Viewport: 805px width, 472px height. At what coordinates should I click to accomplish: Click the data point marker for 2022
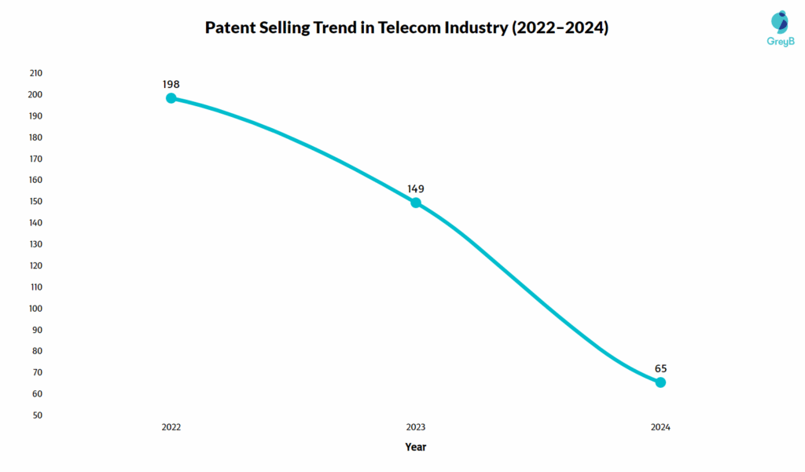pyautogui.click(x=171, y=98)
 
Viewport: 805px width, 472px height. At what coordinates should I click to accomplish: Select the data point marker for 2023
pyautogui.click(x=416, y=203)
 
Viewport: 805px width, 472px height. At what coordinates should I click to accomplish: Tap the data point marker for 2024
pyautogui.click(x=660, y=382)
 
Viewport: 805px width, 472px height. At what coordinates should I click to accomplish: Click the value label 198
pyautogui.click(x=171, y=83)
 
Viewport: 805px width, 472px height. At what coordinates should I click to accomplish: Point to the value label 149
pyautogui.click(x=416, y=188)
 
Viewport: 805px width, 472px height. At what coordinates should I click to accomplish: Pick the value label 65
pyautogui.click(x=660, y=368)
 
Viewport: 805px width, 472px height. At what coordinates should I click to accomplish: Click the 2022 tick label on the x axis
pyautogui.click(x=171, y=427)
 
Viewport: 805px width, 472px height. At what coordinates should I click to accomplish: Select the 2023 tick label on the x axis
pyautogui.click(x=416, y=427)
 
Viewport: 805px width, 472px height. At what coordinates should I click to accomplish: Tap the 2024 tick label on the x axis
pyautogui.click(x=660, y=427)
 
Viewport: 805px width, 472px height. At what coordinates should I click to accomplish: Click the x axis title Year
pyautogui.click(x=416, y=447)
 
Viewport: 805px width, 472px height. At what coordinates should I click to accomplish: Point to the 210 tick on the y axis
pyautogui.click(x=35, y=73)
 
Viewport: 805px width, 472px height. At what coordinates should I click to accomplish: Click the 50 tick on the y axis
pyautogui.click(x=37, y=415)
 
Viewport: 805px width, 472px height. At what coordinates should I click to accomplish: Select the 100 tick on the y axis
pyautogui.click(x=35, y=308)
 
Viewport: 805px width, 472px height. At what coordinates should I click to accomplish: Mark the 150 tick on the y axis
pyautogui.click(x=35, y=201)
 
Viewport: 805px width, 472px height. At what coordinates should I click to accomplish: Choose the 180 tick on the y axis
pyautogui.click(x=35, y=137)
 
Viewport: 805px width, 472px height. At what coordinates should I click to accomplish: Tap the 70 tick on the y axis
pyautogui.click(x=37, y=372)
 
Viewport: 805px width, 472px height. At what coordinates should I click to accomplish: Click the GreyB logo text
pyautogui.click(x=780, y=40)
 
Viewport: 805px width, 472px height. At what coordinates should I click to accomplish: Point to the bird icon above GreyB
pyautogui.click(x=780, y=21)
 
